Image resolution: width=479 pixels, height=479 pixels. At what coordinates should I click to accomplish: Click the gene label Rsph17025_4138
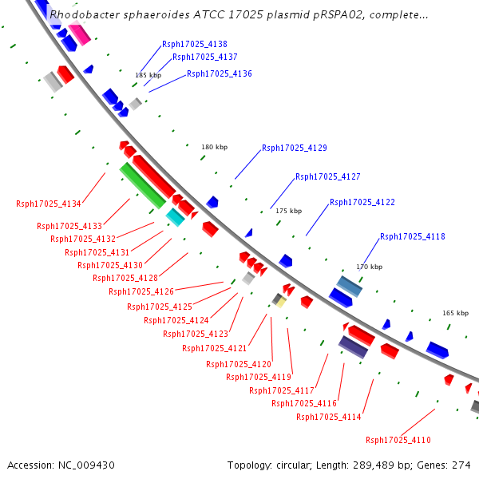coord(195,44)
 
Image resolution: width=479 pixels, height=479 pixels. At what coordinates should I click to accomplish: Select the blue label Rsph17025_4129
coord(295,148)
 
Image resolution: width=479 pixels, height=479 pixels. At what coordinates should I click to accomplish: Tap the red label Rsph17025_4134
coord(49,204)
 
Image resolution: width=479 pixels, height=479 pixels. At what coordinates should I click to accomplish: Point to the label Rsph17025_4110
coord(398,440)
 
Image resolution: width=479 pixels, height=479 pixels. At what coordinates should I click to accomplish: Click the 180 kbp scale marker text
coord(215,147)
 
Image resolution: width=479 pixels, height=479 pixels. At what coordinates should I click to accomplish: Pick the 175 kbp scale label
coord(289,211)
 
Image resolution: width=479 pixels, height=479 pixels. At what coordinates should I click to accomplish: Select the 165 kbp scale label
coord(456,313)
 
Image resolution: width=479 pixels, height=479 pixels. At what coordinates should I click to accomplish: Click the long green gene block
coord(143,186)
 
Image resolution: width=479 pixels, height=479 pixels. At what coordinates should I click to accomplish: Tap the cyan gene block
coord(176,217)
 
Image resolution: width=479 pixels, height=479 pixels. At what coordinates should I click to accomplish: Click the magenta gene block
coord(79,33)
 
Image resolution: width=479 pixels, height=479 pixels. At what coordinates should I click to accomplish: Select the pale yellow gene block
coord(281,303)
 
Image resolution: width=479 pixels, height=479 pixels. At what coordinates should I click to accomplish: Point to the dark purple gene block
coord(353,347)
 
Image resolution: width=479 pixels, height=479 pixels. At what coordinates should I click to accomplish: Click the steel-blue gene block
coord(350,287)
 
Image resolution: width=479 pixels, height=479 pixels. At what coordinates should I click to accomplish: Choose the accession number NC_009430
coord(86,465)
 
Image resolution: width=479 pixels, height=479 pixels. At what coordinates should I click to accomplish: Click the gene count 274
coord(461,465)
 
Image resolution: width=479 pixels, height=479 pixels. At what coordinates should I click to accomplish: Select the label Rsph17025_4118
coord(413,236)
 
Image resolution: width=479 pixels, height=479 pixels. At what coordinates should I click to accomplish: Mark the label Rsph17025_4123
coord(196,334)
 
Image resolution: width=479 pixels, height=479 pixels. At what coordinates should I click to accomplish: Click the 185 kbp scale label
coord(148,75)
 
